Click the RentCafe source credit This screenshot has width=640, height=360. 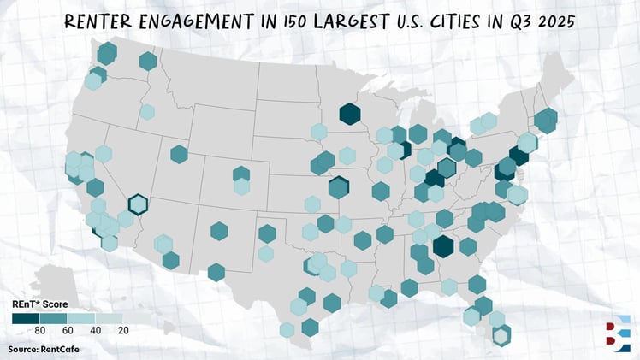[40, 350]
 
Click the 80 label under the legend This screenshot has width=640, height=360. [39, 330]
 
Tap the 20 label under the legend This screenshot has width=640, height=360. [123, 330]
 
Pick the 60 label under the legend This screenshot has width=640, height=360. [68, 330]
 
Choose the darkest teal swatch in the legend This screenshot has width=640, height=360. [24, 318]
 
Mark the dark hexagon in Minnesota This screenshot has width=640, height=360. [349, 114]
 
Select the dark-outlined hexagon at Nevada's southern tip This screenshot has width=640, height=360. [138, 204]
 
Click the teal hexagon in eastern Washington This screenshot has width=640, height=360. [148, 61]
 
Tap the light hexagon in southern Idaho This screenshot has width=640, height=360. [147, 111]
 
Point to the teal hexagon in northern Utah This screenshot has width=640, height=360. [179, 154]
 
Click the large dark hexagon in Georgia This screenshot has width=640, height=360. [442, 246]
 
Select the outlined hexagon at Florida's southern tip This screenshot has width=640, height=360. [501, 334]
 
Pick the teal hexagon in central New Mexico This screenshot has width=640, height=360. [219, 231]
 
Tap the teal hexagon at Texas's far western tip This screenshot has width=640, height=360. [216, 273]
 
